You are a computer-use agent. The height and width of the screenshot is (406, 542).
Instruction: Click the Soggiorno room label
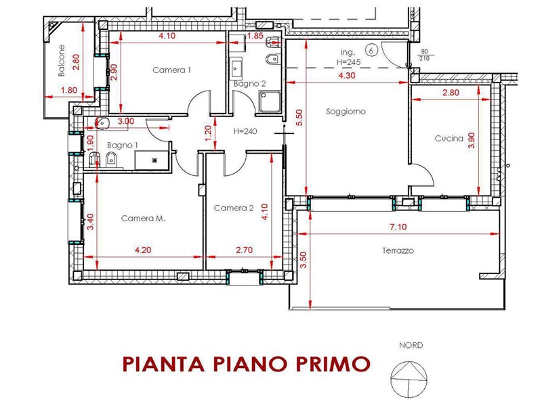(346, 112)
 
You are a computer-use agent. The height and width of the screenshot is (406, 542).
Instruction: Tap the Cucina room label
(449, 139)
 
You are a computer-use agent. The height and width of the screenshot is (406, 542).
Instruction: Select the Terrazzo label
(398, 250)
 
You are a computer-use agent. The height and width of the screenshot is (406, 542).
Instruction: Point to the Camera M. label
(144, 218)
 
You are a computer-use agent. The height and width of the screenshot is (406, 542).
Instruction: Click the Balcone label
(62, 60)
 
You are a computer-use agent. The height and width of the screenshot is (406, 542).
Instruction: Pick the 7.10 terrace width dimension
(398, 227)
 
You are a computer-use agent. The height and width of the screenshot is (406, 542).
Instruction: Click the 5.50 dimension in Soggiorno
(299, 117)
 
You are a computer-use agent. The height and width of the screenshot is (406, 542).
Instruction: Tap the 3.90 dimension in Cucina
(472, 140)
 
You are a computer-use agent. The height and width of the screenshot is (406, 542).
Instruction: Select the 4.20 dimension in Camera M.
(143, 250)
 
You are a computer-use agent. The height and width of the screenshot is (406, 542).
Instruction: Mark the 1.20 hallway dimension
(208, 133)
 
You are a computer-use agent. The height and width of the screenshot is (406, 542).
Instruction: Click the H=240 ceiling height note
(245, 131)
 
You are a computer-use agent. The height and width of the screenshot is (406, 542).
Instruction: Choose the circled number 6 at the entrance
(371, 50)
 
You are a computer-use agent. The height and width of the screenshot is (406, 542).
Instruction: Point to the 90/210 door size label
(425, 55)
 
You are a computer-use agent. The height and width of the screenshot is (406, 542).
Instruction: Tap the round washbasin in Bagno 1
(102, 122)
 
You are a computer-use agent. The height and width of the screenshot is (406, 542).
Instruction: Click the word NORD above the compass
(411, 345)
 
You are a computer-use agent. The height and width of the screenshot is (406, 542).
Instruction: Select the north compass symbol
(409, 379)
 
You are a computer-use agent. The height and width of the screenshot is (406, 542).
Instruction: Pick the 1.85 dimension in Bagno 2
(255, 36)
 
